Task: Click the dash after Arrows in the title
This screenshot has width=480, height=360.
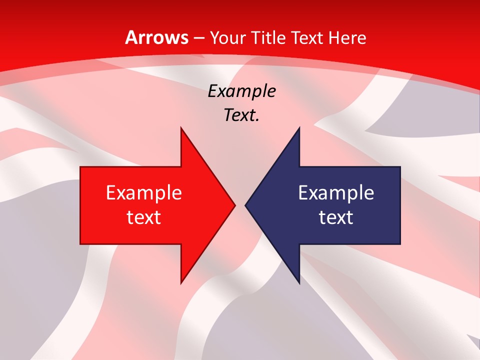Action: (x=199, y=38)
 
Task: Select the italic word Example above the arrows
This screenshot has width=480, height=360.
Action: (x=242, y=91)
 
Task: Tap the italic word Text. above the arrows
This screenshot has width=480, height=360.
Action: (x=242, y=115)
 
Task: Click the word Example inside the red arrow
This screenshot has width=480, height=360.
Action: (x=144, y=192)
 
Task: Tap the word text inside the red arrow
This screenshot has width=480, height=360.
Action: (x=144, y=217)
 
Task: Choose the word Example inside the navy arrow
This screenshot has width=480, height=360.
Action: (x=336, y=192)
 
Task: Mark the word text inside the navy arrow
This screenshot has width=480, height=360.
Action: (x=336, y=217)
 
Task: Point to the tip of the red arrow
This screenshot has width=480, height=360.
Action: (x=234, y=205)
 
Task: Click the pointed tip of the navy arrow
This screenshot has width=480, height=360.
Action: (x=245, y=205)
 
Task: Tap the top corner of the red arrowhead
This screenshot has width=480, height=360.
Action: (x=181, y=128)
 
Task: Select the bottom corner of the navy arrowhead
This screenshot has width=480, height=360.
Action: (x=299, y=283)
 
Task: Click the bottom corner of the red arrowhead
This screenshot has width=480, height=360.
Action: (x=181, y=283)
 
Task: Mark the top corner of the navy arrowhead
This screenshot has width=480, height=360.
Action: (x=299, y=128)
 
